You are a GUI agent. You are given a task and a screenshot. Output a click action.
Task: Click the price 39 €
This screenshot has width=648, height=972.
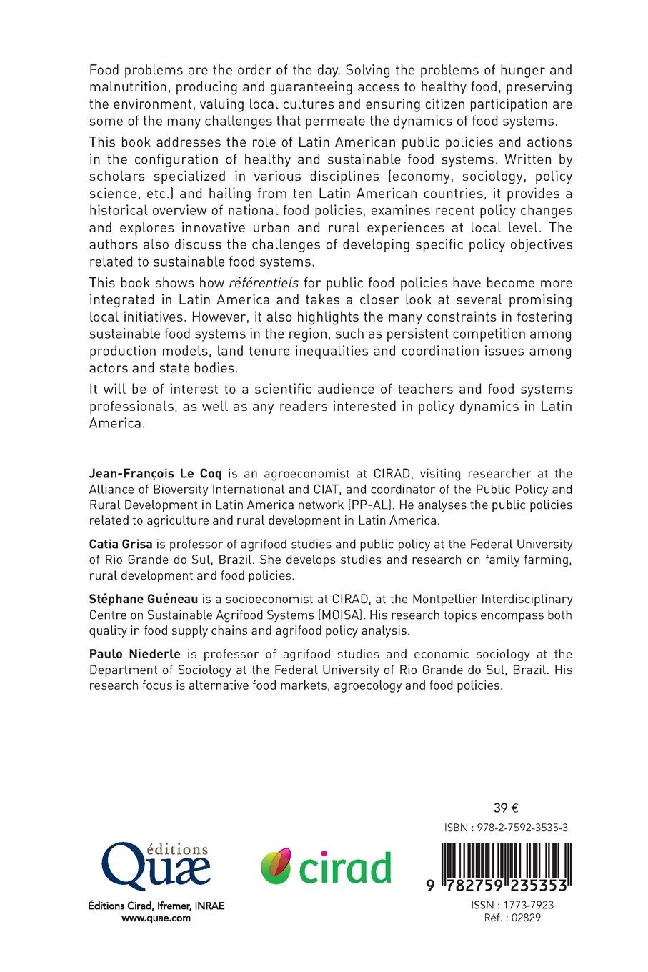pyautogui.click(x=506, y=808)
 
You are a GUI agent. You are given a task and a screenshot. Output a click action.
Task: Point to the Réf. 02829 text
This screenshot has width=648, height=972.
pyautogui.click(x=512, y=918)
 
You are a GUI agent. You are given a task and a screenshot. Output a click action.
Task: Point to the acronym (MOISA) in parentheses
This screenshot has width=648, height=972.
pyautogui.click(x=381, y=615)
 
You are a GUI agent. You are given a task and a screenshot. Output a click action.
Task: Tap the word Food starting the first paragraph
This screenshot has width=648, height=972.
pyautogui.click(x=104, y=71)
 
